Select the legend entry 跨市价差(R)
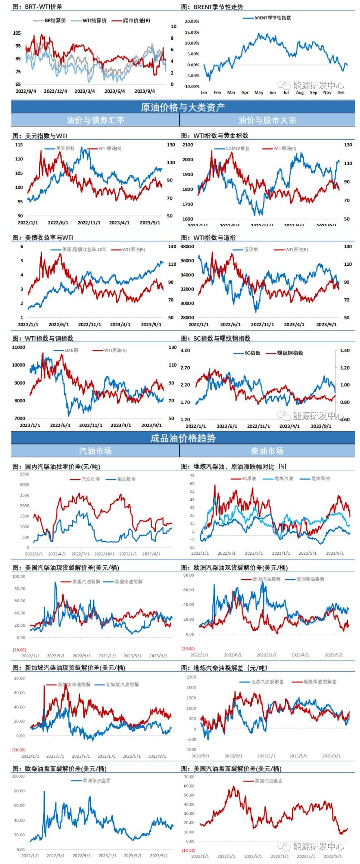click(136, 21)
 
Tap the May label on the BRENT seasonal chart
click(259, 92)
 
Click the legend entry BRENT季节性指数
click(272, 18)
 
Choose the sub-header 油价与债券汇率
click(96, 120)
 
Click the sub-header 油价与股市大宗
click(267, 120)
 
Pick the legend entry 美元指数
click(65, 149)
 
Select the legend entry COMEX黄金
click(238, 149)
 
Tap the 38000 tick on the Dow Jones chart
click(188, 247)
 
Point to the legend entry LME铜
click(71, 350)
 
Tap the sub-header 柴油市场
click(267, 451)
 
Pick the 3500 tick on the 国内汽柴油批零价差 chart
click(24, 474)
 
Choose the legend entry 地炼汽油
click(283, 479)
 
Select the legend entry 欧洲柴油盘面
click(96, 781)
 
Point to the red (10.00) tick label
click(188, 850)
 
